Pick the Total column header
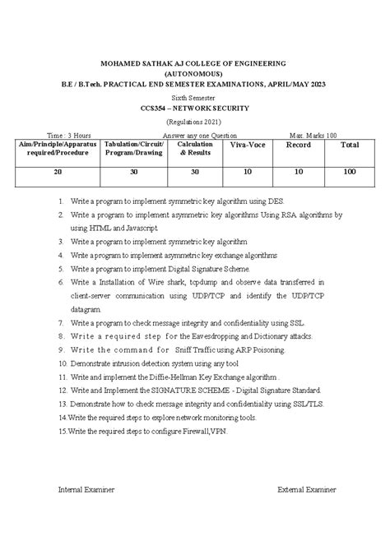pyautogui.click(x=350, y=146)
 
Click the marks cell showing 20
pyautogui.click(x=57, y=172)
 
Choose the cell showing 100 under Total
pyautogui.click(x=350, y=172)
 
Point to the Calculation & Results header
pyautogui.click(x=195, y=149)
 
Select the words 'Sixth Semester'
pyautogui.click(x=194, y=96)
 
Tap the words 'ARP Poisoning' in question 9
pyautogui.click(x=257, y=349)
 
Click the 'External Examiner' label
pyautogui.click(x=307, y=489)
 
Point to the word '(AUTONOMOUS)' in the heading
pyautogui.click(x=194, y=72)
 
